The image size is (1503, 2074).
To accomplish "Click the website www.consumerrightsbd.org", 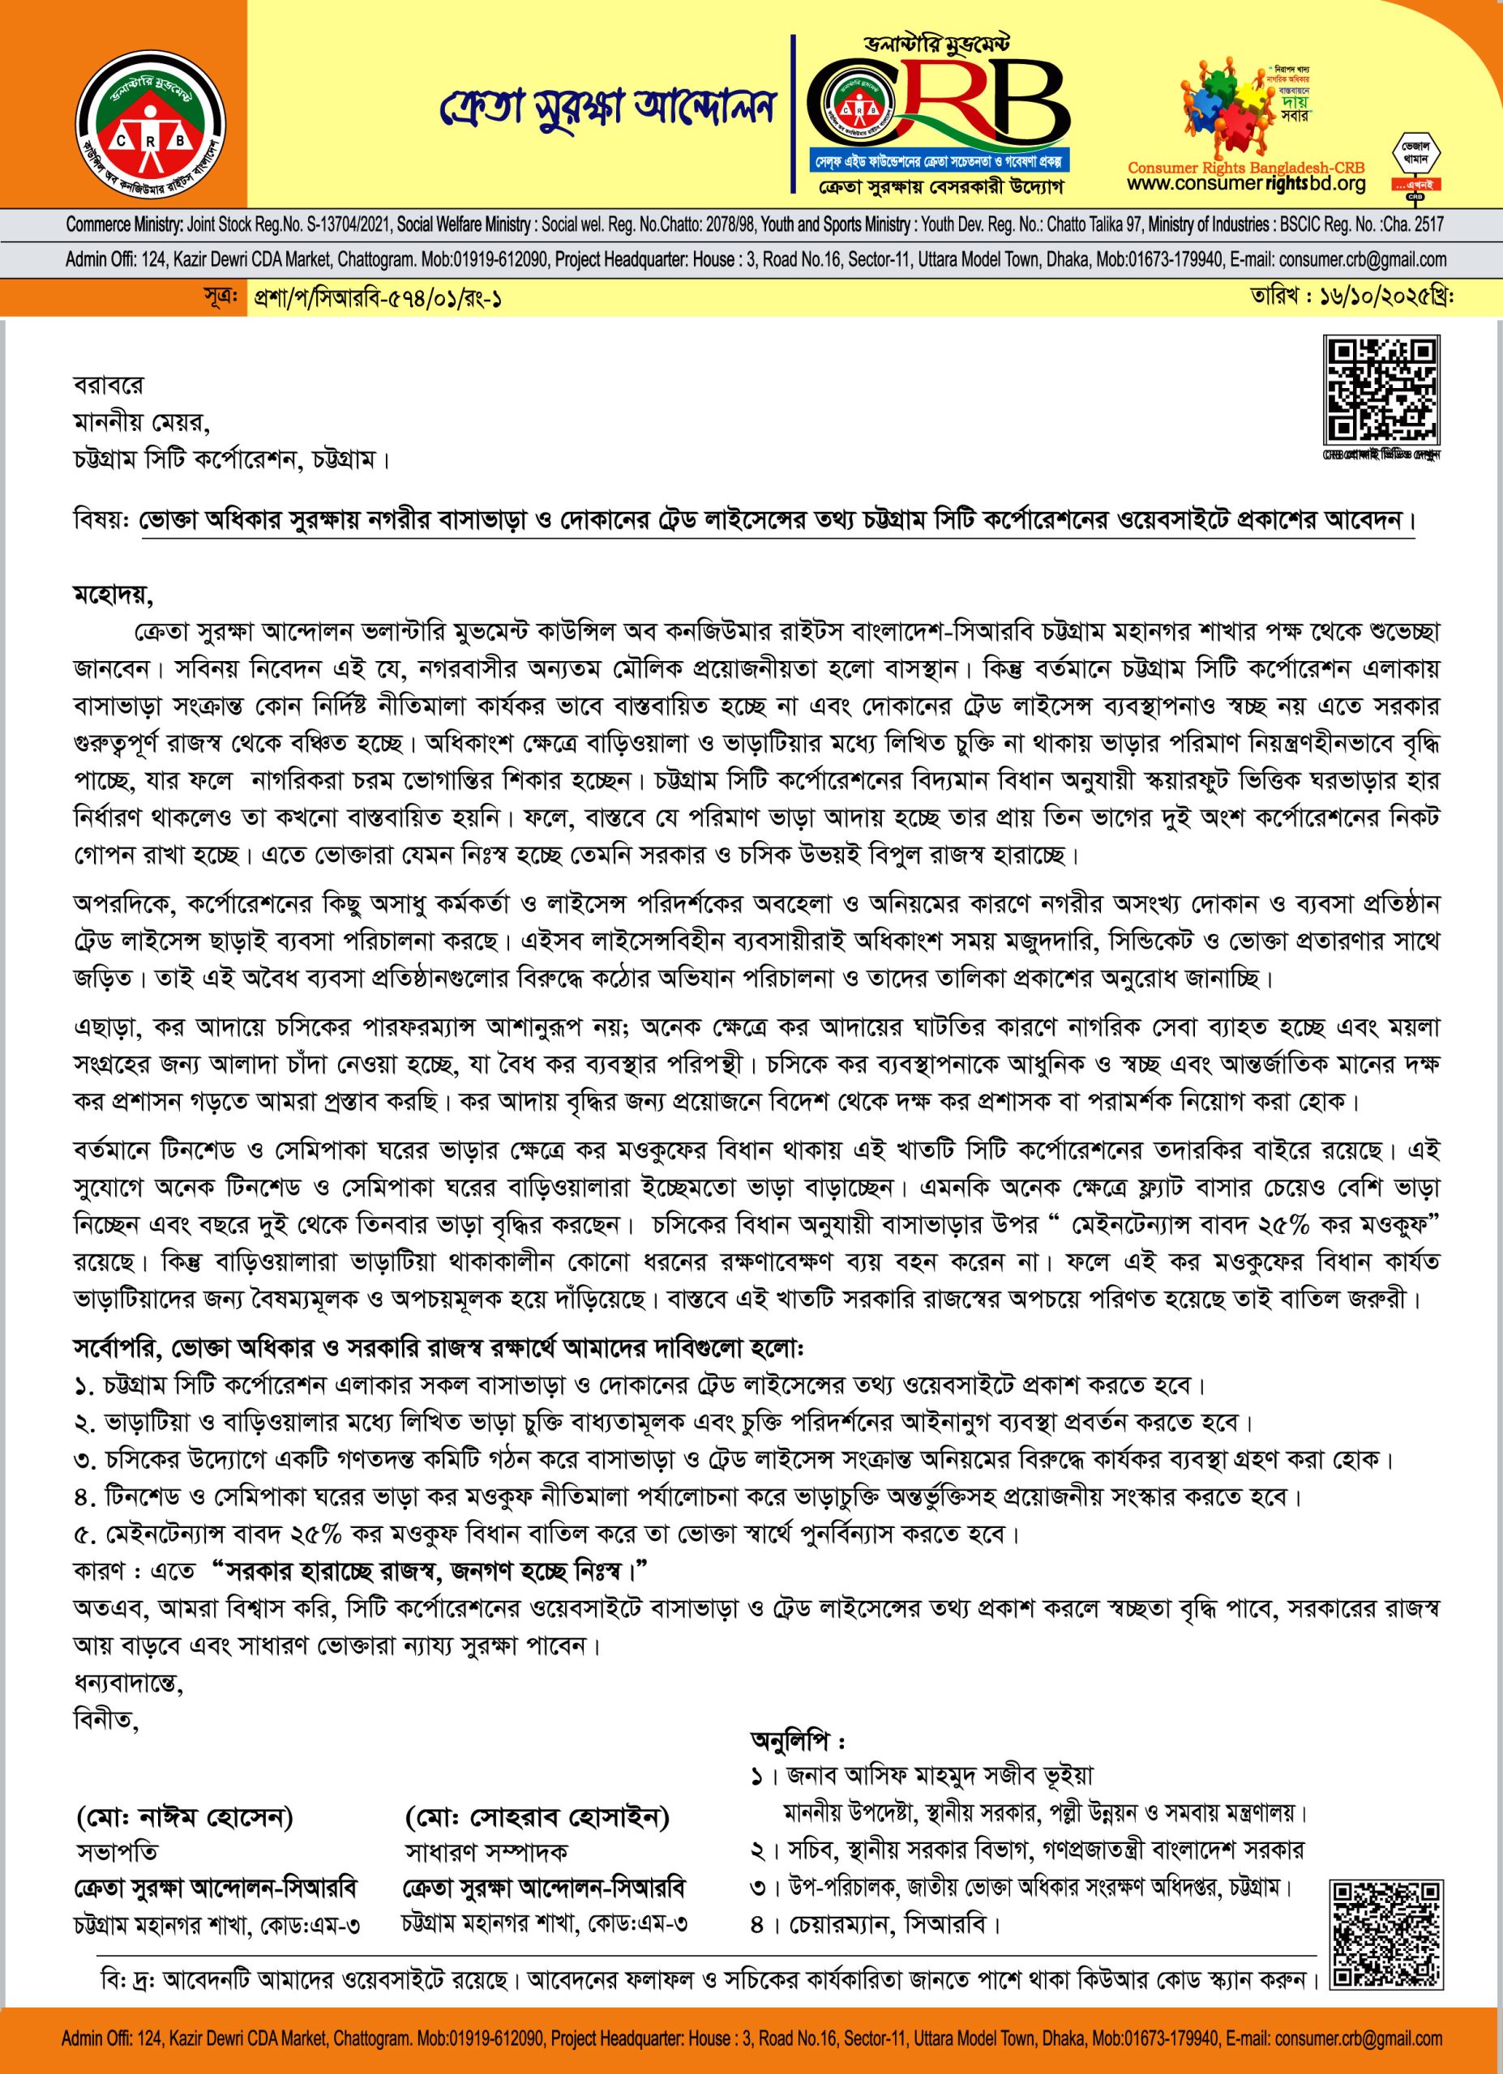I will coord(1247,184).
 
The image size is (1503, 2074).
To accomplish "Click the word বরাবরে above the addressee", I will coord(108,386).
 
